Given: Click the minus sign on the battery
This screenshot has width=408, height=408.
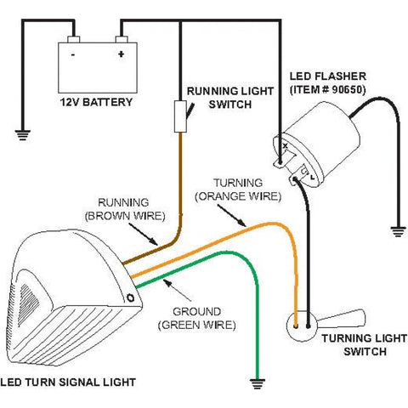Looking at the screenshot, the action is [73, 54].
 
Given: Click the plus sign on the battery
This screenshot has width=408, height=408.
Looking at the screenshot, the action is [122, 54].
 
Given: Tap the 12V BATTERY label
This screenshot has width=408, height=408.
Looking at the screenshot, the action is [96, 102].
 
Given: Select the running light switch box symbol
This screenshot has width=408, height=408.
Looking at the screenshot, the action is [180, 116].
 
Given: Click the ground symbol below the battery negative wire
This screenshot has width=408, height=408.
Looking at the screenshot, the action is [23, 135].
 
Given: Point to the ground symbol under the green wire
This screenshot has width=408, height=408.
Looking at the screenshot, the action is [258, 383].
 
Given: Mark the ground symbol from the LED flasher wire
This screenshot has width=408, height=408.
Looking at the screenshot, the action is [398, 232].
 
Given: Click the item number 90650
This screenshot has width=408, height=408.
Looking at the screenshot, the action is [348, 90].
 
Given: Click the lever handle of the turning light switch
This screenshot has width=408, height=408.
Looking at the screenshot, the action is [341, 319].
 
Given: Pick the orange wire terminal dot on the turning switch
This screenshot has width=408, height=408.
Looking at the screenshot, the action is [296, 326].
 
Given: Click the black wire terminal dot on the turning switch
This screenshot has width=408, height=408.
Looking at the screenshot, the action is [309, 326].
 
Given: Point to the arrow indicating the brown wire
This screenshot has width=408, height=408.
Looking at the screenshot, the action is [143, 234].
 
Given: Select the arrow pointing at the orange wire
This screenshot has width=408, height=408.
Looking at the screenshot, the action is [232, 216].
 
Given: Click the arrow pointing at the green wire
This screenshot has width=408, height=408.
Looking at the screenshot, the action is [178, 290].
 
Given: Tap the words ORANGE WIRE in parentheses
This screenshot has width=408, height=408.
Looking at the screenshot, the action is [238, 196].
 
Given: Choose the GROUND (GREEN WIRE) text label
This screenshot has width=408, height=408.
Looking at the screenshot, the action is [196, 318].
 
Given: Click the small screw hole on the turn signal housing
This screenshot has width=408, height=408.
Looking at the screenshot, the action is [131, 297].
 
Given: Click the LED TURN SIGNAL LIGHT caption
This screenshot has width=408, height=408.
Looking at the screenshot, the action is [68, 382].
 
